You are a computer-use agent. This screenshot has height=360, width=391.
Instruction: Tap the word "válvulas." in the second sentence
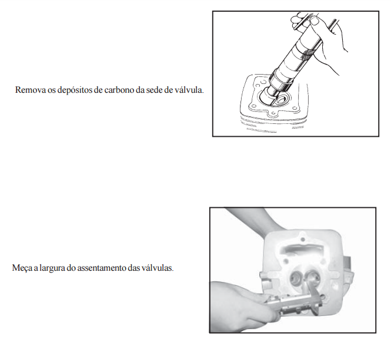click(158, 268)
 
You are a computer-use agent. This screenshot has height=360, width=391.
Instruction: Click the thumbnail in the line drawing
click(315, 21)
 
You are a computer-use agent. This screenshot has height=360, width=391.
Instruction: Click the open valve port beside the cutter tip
click(282, 100)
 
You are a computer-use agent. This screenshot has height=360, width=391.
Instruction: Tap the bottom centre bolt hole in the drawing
click(273, 114)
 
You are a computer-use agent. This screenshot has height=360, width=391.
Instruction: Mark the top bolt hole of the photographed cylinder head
click(303, 240)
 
